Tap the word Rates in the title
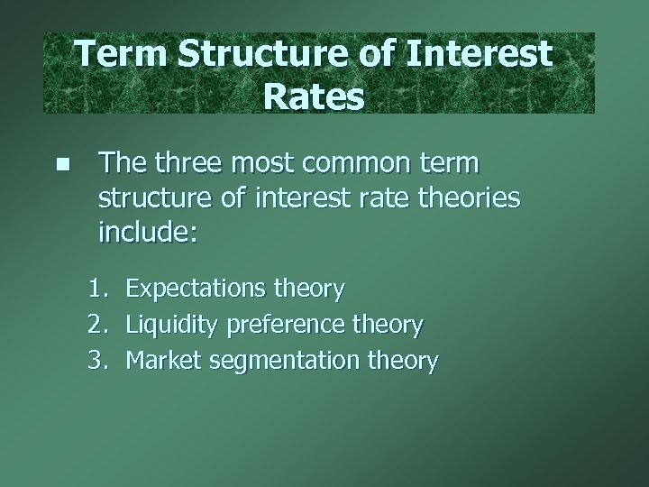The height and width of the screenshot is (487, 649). (315, 95)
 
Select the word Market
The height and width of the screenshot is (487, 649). (163, 362)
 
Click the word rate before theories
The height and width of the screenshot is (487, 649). (386, 198)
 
